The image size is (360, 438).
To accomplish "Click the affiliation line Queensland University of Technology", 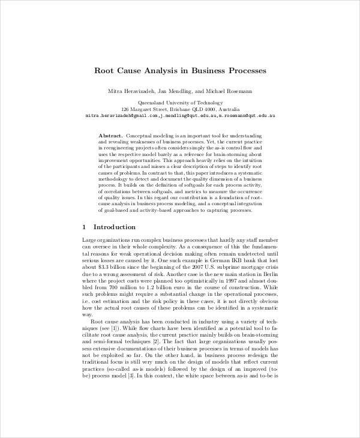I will click(x=180, y=103).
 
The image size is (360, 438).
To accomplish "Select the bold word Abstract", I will click(x=111, y=136).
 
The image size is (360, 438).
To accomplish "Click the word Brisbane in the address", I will click(x=169, y=110).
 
